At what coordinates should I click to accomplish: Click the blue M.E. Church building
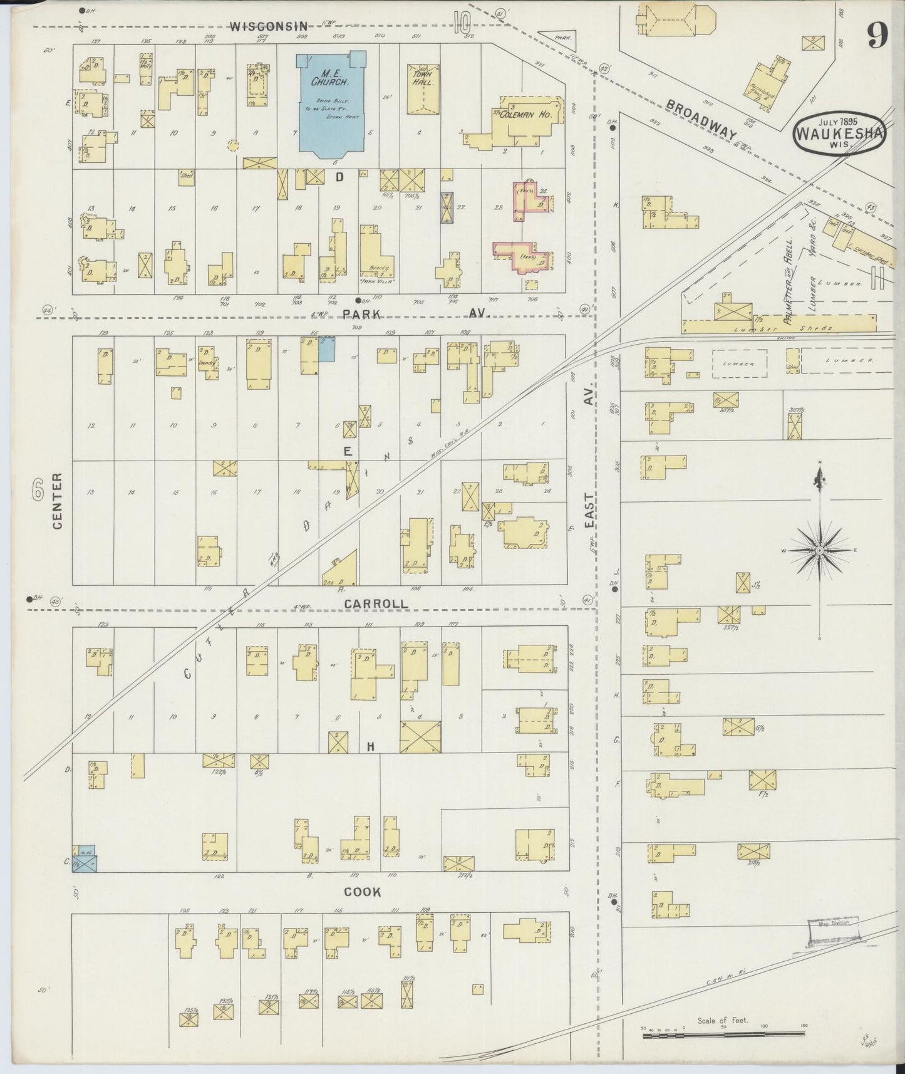tap(331, 100)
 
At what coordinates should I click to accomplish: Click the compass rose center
tap(819, 550)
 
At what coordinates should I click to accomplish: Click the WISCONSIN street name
tap(268, 26)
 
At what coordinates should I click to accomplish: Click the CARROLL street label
tap(376, 604)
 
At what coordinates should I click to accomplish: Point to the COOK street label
tap(362, 892)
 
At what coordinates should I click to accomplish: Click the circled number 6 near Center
tap(38, 492)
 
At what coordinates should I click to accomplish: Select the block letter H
tap(370, 746)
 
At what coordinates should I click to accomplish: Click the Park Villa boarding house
tap(375, 260)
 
